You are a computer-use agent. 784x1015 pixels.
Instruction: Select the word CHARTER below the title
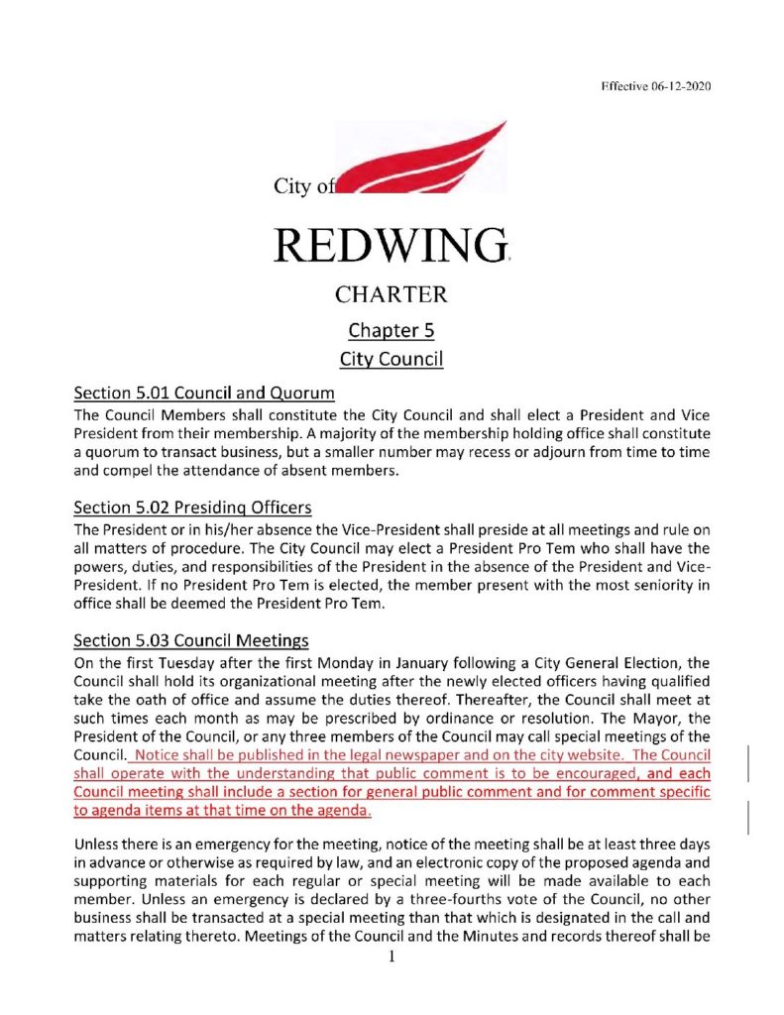(x=391, y=294)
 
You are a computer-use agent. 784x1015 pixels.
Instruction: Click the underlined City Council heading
(x=391, y=358)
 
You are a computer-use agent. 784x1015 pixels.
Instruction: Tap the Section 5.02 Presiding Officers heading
(x=199, y=507)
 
